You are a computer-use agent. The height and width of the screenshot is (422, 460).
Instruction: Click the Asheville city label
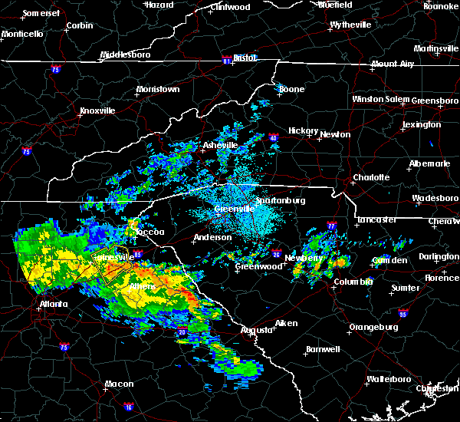point(221,145)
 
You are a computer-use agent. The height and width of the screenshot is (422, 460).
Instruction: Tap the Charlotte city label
point(370,178)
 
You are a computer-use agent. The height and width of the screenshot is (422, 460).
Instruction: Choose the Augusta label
point(256,330)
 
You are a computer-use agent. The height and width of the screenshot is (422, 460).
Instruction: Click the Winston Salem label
point(381,100)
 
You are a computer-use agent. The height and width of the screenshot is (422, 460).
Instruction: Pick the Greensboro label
point(435,101)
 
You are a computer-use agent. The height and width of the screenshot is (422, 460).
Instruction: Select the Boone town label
point(291,90)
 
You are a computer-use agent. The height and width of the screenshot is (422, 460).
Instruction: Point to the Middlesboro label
point(126,55)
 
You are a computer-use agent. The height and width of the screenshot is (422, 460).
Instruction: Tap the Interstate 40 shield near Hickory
point(274,138)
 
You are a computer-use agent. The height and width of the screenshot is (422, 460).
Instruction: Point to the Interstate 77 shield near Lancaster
point(331,226)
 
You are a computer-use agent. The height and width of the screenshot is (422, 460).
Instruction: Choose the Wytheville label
point(350,25)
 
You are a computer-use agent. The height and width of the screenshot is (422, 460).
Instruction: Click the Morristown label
point(158,90)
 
